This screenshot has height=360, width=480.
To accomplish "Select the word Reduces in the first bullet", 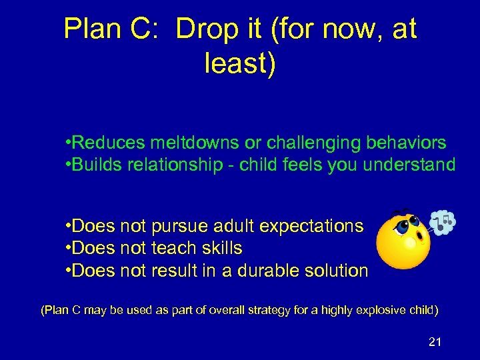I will pos(109,143).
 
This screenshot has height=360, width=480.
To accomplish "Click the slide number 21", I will pos(435,342).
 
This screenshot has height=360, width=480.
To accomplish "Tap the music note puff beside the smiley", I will pos(443,223).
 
